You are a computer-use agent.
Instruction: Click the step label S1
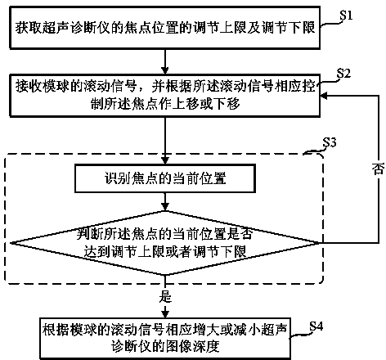click(x=346, y=16)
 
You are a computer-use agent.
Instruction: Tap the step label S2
click(x=343, y=73)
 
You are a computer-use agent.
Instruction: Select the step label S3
click(x=330, y=142)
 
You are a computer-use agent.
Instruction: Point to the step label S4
click(x=316, y=326)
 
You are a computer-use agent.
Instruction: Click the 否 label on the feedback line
click(x=379, y=169)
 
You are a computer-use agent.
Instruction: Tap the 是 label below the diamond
click(x=165, y=296)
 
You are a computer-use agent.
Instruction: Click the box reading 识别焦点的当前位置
click(x=165, y=178)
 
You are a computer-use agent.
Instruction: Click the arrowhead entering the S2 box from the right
click(x=324, y=96)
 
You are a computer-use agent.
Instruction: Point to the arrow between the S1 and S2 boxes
click(x=165, y=61)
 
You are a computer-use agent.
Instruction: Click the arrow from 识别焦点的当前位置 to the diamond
click(x=165, y=202)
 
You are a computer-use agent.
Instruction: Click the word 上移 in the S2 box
click(x=186, y=104)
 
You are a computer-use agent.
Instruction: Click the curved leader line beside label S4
click(x=299, y=335)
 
